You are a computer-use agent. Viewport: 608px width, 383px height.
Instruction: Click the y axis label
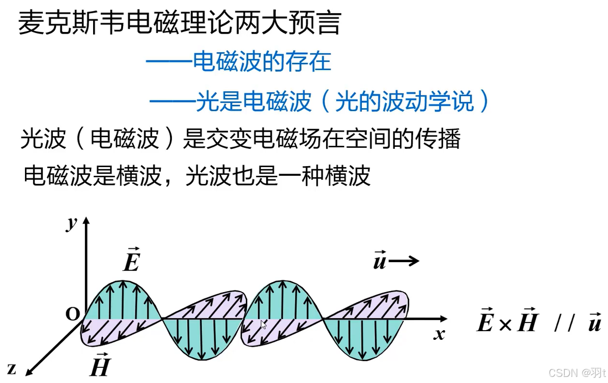pyautogui.click(x=71, y=224)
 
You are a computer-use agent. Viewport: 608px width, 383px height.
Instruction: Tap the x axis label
pyautogui.click(x=439, y=334)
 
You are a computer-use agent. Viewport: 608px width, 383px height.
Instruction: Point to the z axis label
pyautogui.click(x=11, y=369)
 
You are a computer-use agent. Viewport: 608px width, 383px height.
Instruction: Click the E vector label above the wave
pyautogui.click(x=131, y=261)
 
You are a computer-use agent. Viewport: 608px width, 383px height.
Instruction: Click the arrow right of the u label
pyautogui.click(x=404, y=261)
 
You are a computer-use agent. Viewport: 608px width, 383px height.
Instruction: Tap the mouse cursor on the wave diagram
pyautogui.click(x=264, y=325)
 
